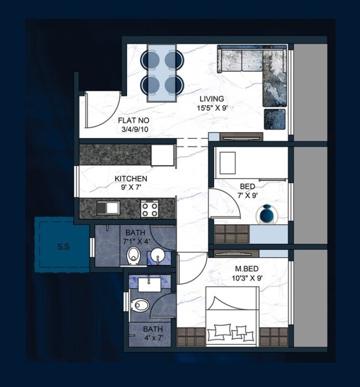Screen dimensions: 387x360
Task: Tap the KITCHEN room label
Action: pos(128,178)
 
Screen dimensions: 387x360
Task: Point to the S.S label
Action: pos(63,247)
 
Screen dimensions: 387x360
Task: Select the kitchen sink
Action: pos(107,208)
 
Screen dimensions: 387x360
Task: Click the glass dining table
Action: pos(162,73)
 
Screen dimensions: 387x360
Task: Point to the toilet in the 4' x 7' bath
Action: pos(141,304)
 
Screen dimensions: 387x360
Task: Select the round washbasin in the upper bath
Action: pos(157,257)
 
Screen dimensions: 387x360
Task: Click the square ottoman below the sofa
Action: pos(275,119)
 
